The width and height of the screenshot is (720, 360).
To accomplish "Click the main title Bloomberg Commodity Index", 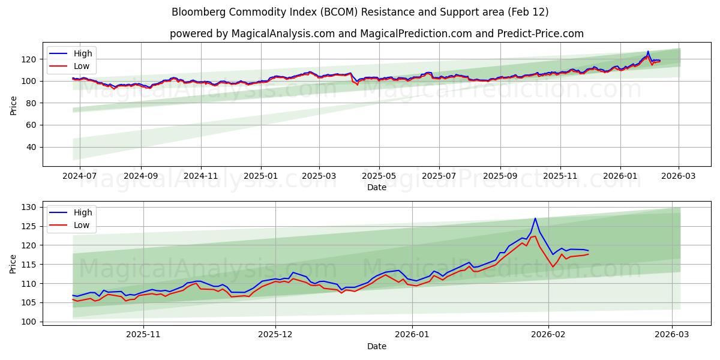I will click(x=360, y=12).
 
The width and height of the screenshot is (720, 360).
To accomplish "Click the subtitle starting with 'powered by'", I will click(x=376, y=34).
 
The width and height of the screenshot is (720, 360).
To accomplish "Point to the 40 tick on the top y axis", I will click(x=31, y=147).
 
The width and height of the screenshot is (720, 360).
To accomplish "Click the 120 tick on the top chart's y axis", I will click(x=29, y=59).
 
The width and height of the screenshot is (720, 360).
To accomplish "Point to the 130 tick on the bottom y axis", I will click(x=29, y=208).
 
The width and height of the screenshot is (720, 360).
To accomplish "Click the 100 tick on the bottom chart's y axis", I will click(x=29, y=322).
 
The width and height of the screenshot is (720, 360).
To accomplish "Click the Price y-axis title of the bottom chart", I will click(x=14, y=263).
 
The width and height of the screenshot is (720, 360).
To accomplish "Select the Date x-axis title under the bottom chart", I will click(x=376, y=346).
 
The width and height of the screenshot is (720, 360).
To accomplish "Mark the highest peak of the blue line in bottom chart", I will click(x=535, y=218).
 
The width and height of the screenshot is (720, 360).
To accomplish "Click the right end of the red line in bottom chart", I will click(x=588, y=254).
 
